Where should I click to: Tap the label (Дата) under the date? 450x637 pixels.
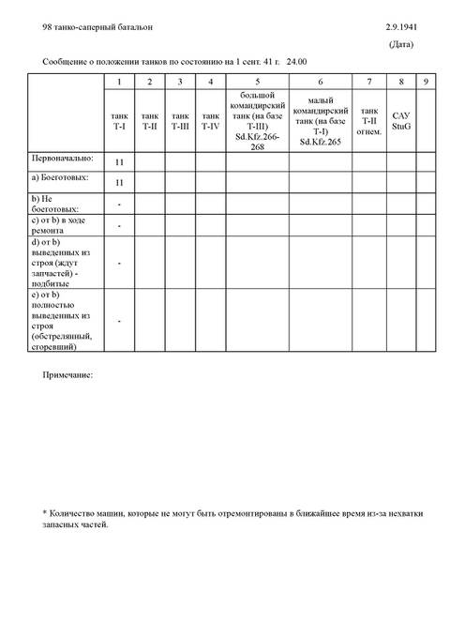(403, 45)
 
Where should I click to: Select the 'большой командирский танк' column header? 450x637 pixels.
(257, 120)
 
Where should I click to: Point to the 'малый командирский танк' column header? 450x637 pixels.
(321, 120)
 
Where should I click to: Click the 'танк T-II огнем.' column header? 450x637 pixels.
(369, 120)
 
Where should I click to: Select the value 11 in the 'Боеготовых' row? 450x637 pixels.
(120, 182)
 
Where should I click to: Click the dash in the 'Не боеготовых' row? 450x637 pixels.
(120, 204)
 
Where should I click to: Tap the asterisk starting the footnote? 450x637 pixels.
(45, 513)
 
